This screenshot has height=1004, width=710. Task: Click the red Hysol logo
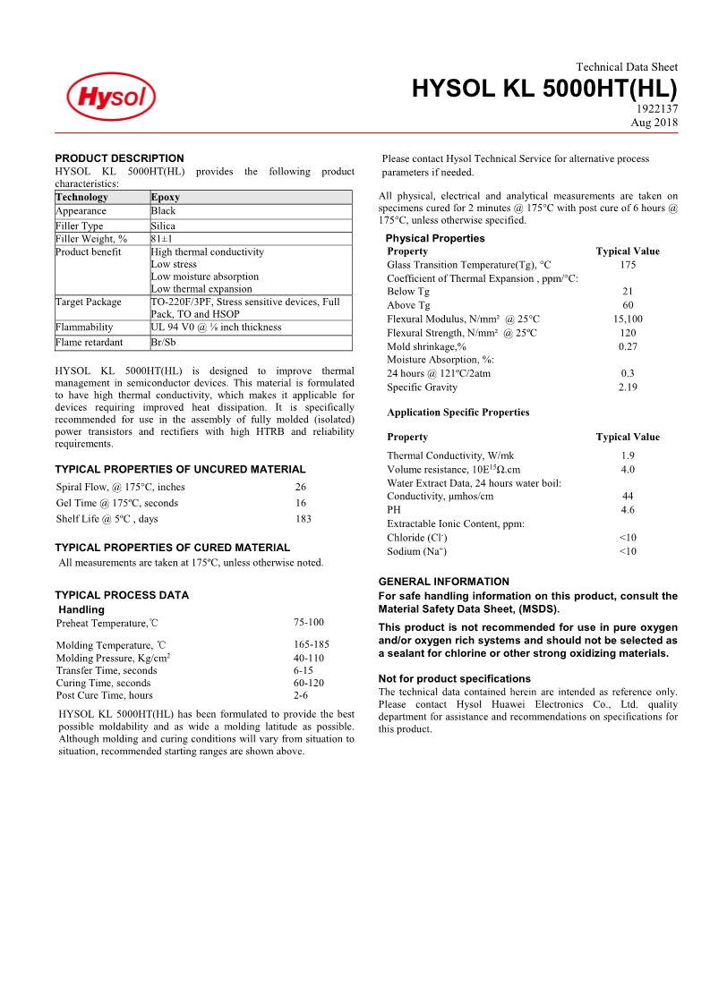111,97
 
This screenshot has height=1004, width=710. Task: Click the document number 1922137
655,109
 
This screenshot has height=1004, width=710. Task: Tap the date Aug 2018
654,123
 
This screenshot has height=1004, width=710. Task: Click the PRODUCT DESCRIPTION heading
119,158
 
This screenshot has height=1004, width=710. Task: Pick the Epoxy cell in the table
166,197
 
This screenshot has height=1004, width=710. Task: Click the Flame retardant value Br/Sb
163,342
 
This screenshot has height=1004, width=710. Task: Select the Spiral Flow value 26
300,487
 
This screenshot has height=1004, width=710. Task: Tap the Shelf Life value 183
303,519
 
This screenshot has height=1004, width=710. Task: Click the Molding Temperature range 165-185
311,645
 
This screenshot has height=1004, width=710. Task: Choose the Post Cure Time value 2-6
301,695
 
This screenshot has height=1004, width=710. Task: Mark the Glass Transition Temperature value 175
627,265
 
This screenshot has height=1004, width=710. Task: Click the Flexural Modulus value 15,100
627,319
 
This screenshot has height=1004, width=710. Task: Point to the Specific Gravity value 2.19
627,387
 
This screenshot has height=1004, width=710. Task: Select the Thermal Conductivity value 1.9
628,456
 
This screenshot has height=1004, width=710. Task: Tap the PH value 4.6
628,510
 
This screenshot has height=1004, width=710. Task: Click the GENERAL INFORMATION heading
443,582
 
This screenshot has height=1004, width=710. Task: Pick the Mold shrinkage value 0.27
628,346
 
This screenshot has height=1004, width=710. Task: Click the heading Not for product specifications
455,679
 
